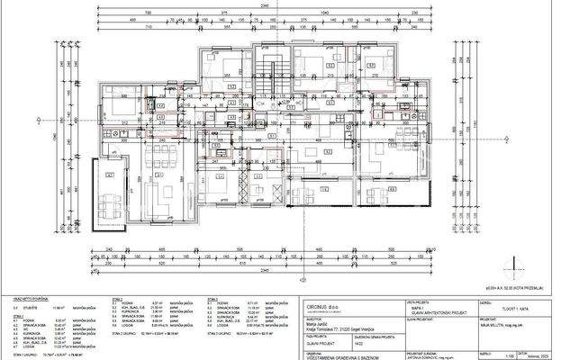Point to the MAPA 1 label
point(421,307)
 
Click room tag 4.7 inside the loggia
point(112,175)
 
